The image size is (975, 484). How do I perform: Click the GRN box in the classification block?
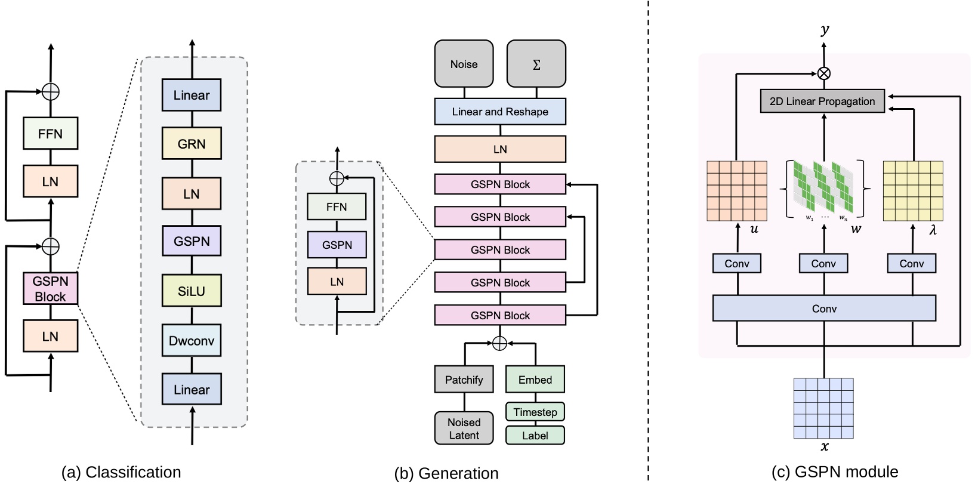point(192,144)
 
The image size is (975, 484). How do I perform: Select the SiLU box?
point(192,291)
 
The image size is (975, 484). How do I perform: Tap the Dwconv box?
point(192,341)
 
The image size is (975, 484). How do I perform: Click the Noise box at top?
point(464,64)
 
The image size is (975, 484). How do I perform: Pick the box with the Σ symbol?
point(536,64)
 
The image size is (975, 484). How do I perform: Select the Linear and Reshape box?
point(500,112)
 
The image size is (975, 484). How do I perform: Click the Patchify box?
point(464,380)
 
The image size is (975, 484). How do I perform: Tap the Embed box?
point(535,380)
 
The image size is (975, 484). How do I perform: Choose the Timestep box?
point(535,412)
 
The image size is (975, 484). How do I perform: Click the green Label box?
point(535,435)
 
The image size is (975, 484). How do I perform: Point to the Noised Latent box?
point(464,428)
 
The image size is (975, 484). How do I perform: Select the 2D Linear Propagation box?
point(822,101)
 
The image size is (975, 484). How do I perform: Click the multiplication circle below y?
point(824,73)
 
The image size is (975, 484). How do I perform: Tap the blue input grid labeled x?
point(823,408)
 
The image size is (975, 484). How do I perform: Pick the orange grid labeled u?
point(736,191)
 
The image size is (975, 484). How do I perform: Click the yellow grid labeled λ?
point(912,191)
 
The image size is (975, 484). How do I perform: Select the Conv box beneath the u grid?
point(736,263)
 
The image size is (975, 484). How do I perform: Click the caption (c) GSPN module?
point(834,472)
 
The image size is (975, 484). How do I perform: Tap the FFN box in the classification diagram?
point(50,134)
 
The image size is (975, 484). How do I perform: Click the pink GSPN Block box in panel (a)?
point(50,289)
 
